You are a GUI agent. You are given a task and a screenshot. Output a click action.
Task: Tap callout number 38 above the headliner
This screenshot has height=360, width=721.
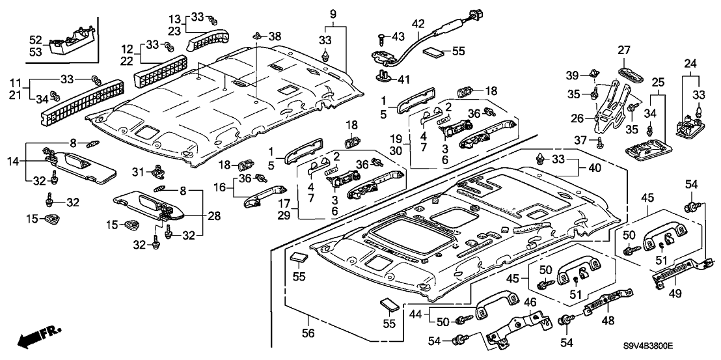(x=275, y=37)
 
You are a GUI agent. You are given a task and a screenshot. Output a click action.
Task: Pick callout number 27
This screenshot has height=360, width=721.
(x=625, y=51)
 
